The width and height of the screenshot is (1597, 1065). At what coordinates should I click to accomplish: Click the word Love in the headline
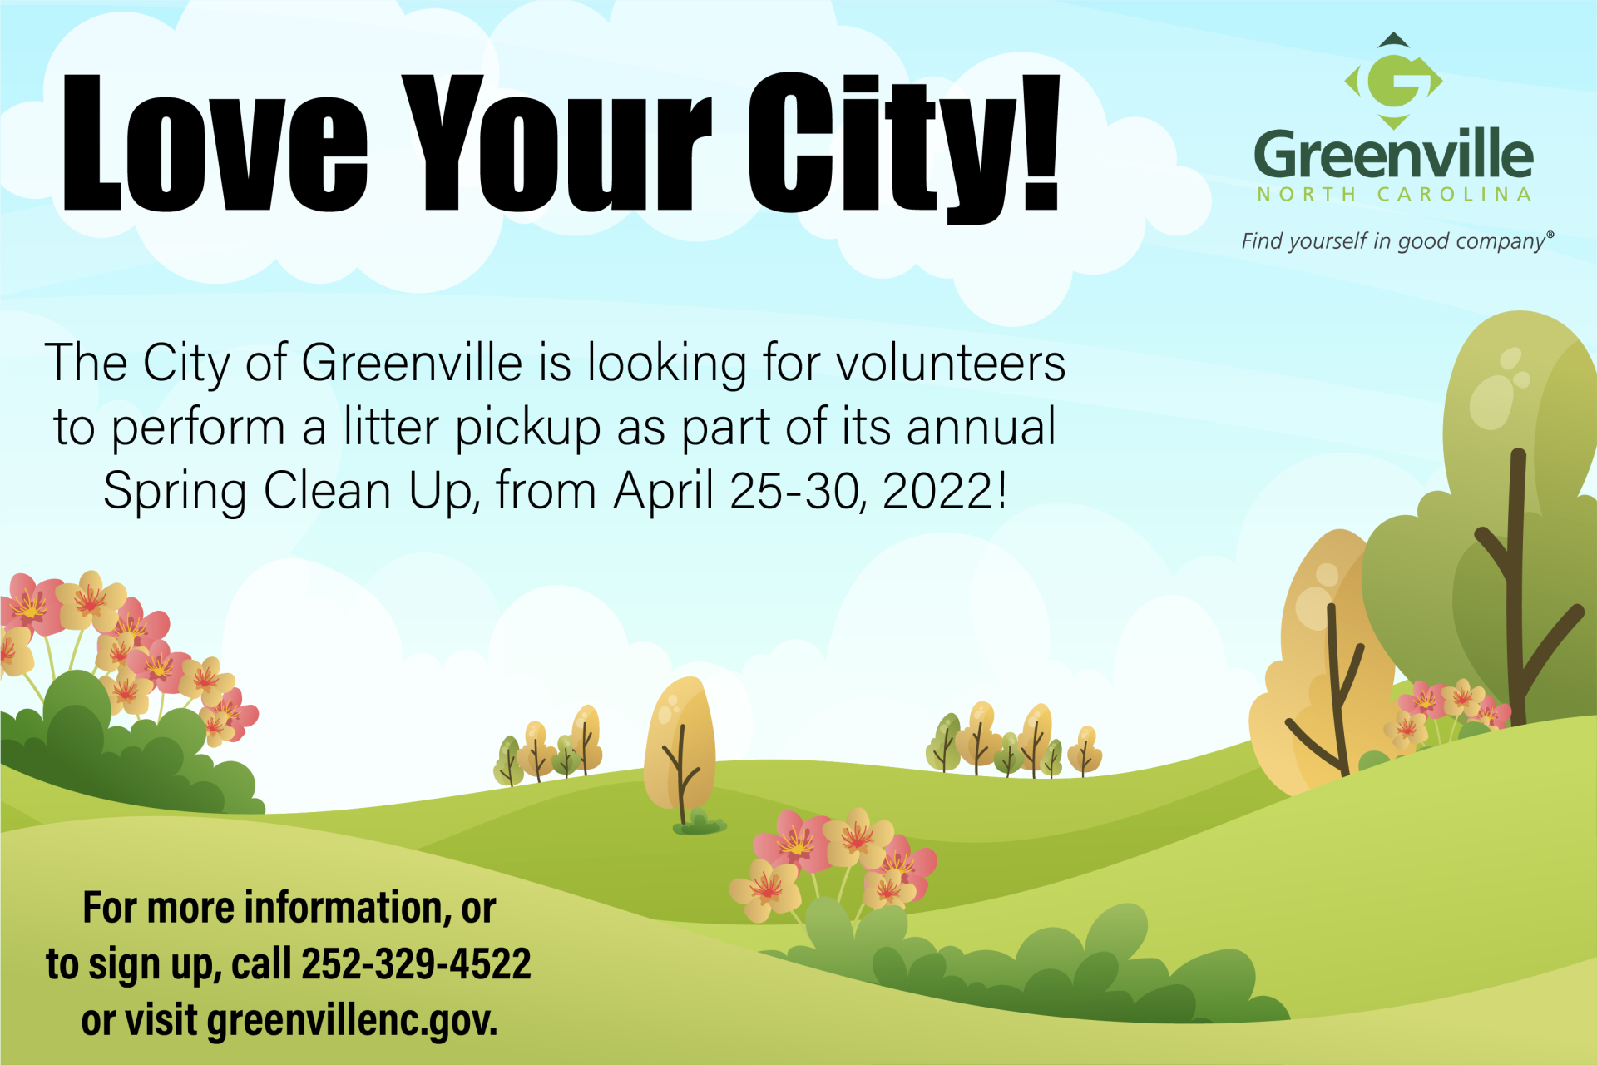215,142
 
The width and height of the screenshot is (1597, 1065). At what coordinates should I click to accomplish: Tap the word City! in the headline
904,147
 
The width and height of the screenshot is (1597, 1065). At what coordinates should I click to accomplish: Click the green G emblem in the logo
1394,81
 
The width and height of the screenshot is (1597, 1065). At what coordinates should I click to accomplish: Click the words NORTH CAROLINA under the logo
1394,195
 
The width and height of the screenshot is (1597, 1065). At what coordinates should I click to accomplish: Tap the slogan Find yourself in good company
1397,241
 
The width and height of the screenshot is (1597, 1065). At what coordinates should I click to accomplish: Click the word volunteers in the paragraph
950,363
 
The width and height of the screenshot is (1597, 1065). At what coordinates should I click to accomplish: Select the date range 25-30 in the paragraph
794,490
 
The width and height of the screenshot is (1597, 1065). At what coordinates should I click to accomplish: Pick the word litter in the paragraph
391,426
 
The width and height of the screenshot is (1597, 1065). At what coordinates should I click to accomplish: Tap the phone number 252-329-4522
416,963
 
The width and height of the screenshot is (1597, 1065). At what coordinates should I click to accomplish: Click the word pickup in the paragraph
528,428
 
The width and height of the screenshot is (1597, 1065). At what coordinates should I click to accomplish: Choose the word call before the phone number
261,963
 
